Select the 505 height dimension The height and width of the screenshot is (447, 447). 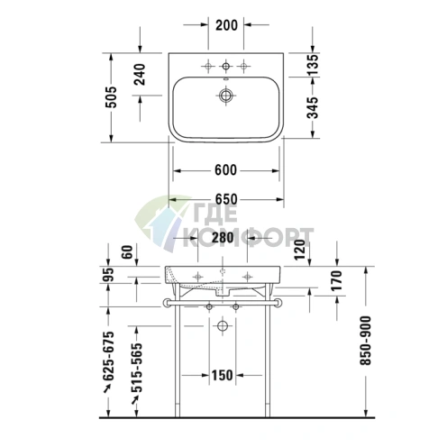(113, 96)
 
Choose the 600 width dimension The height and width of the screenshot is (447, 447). (225, 170)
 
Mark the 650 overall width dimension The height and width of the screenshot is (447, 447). (225, 199)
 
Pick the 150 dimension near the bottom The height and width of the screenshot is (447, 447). (223, 376)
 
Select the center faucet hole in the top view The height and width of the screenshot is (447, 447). (225, 65)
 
